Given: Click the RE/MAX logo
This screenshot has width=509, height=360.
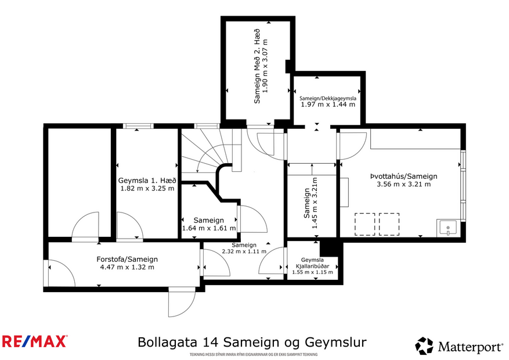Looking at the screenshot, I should [35, 341].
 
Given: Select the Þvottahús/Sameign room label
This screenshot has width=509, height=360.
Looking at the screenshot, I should [403, 177].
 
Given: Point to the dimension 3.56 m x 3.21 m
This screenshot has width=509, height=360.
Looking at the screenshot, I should [403, 185].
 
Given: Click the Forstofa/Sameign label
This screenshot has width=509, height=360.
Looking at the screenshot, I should [127, 259].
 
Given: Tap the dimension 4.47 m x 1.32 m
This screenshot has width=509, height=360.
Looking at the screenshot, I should [127, 267].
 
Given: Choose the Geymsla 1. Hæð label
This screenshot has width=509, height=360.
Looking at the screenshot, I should [146, 180].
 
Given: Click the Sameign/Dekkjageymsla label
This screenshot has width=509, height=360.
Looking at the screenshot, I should [328, 99].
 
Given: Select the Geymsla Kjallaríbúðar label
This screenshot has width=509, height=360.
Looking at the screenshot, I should [312, 264].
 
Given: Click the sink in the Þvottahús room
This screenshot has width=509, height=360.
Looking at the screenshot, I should [449, 227].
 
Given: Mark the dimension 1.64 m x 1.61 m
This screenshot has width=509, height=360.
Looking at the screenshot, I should [208, 228].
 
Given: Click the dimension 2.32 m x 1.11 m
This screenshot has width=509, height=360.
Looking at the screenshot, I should [244, 251].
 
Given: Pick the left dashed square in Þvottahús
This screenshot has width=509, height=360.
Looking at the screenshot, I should [364, 224].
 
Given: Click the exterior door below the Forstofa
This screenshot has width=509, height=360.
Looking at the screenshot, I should [181, 302].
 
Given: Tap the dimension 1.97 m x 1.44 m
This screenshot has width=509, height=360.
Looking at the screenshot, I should [328, 105].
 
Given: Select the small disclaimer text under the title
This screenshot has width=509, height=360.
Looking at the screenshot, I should [252, 354].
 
